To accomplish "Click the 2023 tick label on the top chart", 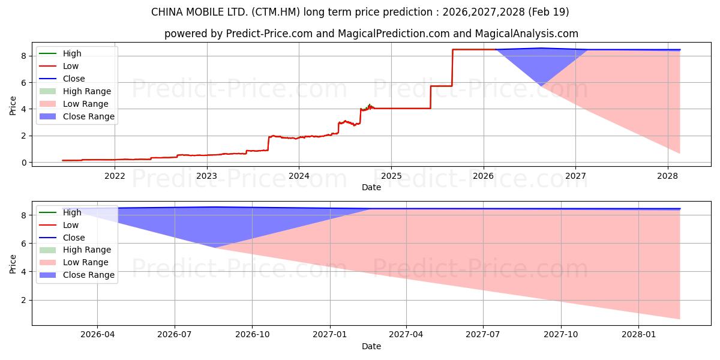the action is click(206, 176).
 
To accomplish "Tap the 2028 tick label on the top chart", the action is click(668, 176).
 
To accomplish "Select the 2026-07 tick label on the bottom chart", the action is click(175, 335).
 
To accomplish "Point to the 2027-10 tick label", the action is click(561, 335).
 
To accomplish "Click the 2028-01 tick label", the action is click(638, 335).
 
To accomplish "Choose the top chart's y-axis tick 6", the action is click(24, 83).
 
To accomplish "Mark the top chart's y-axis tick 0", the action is click(24, 163).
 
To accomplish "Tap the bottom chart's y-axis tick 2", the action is click(24, 300).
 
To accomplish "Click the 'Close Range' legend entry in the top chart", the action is click(77, 116).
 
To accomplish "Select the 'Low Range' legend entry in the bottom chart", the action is click(74, 262).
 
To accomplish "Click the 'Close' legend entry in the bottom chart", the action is click(62, 238).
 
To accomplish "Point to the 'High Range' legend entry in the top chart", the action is click(75, 91).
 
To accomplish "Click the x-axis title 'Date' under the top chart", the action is click(371, 187).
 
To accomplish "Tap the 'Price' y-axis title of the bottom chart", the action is click(13, 264).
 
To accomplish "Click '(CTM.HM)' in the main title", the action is click(275, 12).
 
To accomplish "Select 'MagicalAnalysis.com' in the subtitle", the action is click(527, 34).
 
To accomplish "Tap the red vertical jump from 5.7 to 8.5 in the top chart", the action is click(452, 67).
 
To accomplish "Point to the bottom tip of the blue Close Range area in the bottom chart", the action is click(215, 248).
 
